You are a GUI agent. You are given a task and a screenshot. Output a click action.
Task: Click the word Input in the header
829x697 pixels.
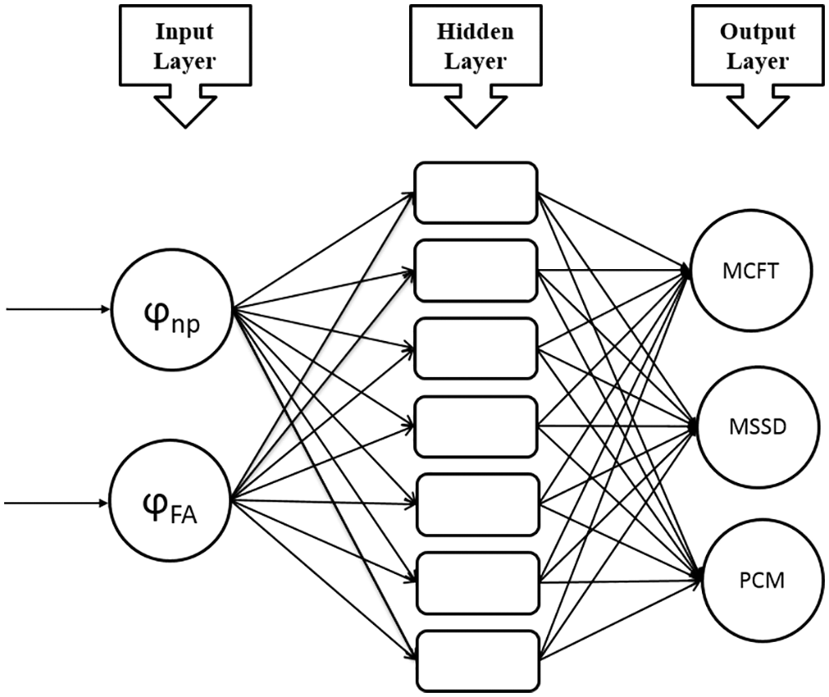185,33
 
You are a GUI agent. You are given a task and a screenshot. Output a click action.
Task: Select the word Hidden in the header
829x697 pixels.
475,32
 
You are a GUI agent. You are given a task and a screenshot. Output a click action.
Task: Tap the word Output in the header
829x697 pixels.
758,33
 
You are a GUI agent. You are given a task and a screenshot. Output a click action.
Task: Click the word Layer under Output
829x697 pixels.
758,62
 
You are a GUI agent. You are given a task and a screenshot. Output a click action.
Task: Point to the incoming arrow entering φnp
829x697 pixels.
58,309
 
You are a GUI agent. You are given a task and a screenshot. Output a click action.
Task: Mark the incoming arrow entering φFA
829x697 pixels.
56,503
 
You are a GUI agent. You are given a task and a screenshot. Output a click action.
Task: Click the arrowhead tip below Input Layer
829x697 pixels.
185,127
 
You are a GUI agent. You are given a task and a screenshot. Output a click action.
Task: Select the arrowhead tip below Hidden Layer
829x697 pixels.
476,127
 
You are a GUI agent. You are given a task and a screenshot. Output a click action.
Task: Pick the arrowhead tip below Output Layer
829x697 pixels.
758,127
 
